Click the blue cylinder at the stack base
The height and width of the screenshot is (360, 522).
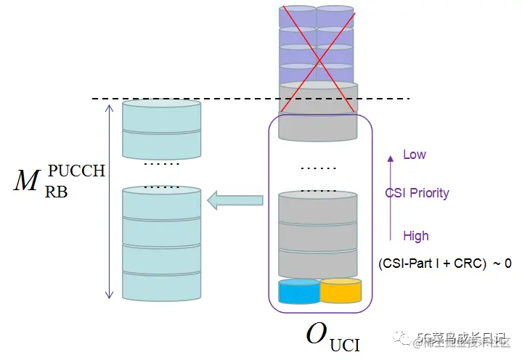click(298, 292)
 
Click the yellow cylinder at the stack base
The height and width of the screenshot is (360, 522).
click(340, 291)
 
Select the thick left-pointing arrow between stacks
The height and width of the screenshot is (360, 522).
click(235, 200)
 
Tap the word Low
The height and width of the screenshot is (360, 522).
click(415, 155)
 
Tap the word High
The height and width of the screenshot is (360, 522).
click(416, 236)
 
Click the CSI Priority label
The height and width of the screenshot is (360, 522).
click(417, 193)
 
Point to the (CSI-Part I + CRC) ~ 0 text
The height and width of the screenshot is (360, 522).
click(444, 263)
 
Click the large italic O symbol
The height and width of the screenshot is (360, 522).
click(316, 334)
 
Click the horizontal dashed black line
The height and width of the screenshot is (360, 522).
click(218, 99)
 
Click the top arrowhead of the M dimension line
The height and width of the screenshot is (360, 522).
click(110, 107)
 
